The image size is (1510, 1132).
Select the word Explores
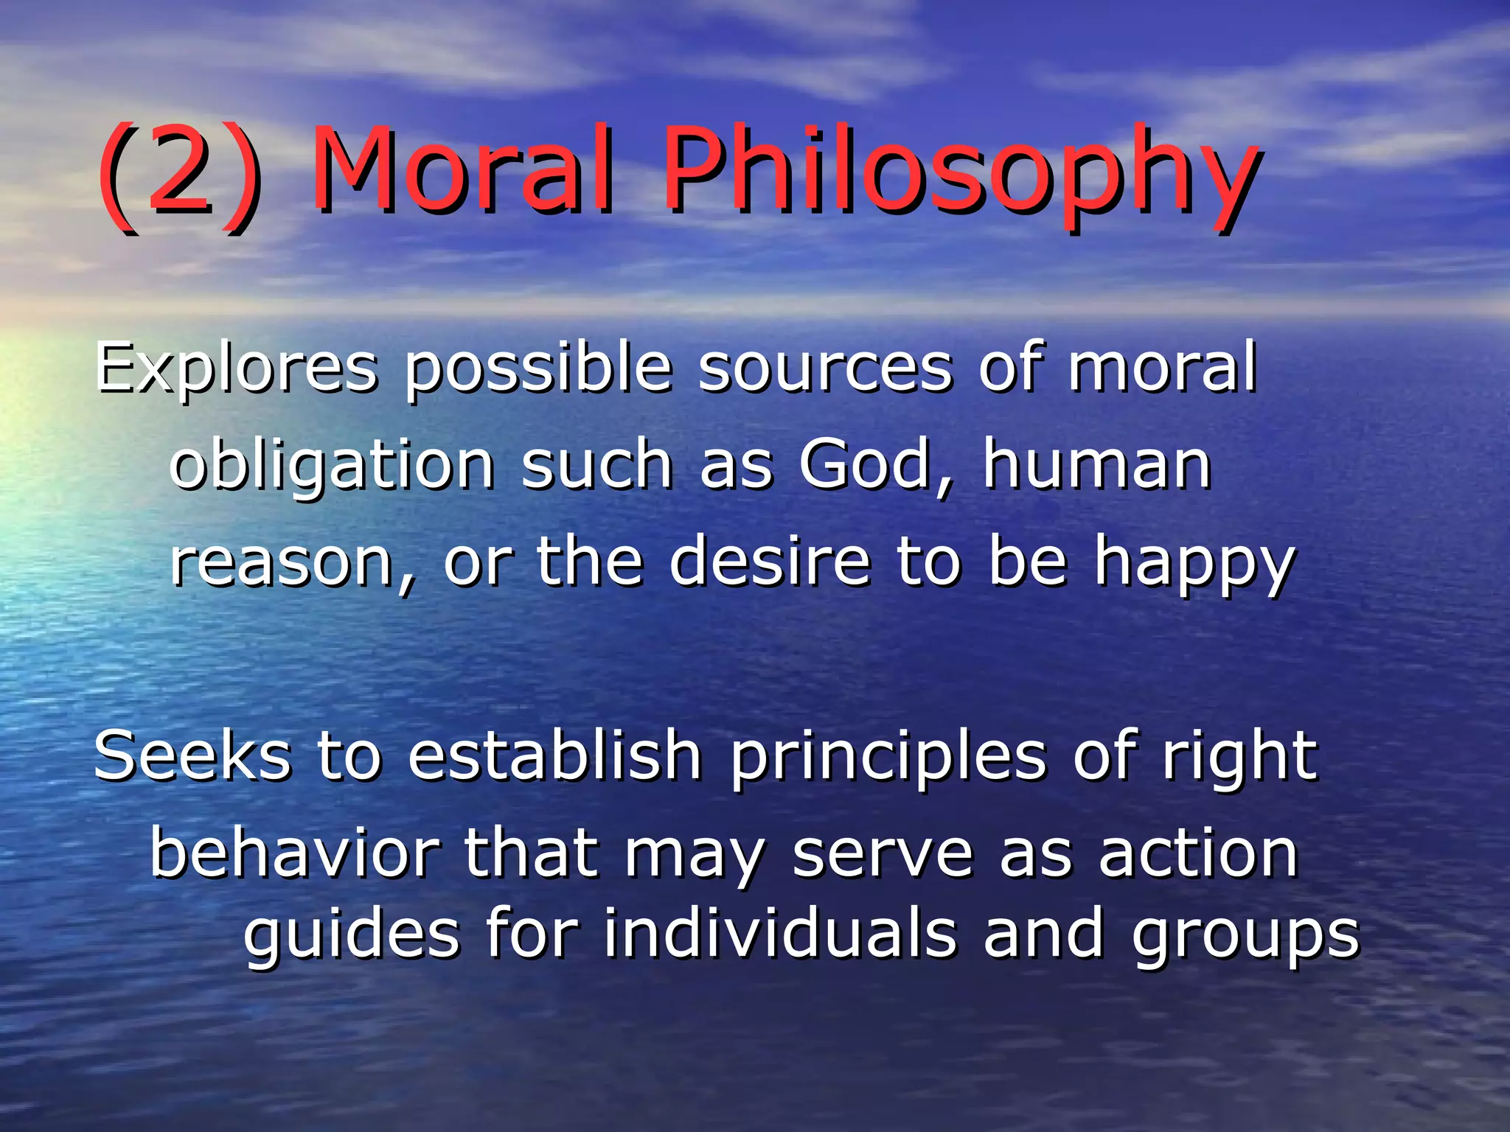click(236, 368)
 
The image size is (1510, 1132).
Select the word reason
click(292, 564)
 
